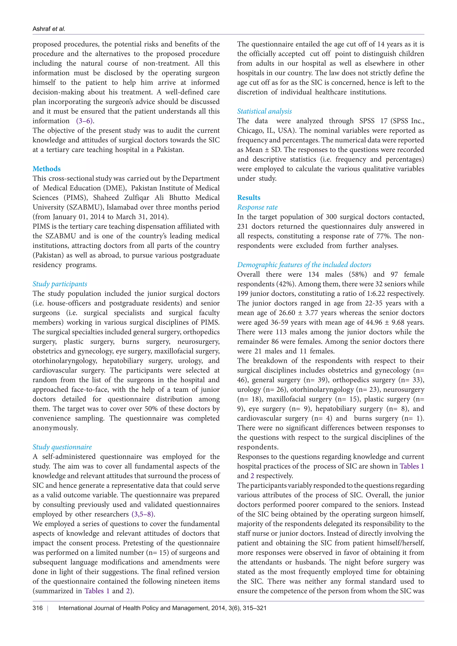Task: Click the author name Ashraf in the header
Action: [41, 29]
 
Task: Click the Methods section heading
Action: [46, 169]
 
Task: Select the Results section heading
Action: [249, 197]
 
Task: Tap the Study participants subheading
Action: [60, 284]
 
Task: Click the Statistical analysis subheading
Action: [264, 111]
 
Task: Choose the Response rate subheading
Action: [257, 207]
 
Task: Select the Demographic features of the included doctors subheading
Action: [304, 265]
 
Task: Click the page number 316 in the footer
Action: [37, 608]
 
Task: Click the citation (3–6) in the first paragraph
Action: [85, 121]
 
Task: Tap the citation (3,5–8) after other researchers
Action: [143, 514]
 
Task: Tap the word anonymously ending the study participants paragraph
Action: [55, 428]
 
